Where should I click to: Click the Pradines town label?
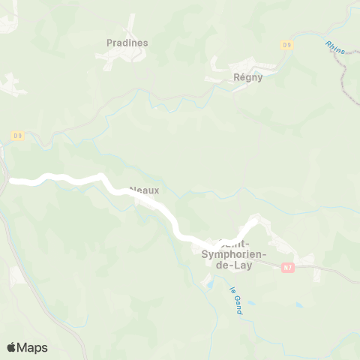pos(127,43)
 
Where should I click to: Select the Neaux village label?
pos(144,190)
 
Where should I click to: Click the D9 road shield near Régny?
pos(286,45)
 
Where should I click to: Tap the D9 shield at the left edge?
pos(18,136)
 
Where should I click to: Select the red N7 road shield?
pos(288,266)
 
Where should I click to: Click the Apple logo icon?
pos(11,347)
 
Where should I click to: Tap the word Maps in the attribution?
pos(33,347)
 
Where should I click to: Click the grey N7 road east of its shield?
pos(330,271)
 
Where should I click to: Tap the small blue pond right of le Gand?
pos(299,306)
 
